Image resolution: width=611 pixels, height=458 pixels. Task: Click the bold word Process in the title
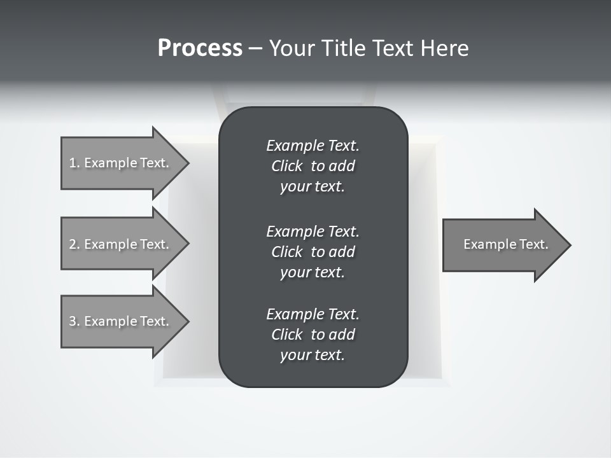pyautogui.click(x=200, y=48)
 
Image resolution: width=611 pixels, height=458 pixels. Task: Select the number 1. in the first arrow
pyautogui.click(x=74, y=163)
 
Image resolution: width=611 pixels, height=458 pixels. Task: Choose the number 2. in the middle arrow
pyautogui.click(x=74, y=244)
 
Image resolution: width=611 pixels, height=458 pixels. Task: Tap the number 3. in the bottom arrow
pyautogui.click(x=74, y=321)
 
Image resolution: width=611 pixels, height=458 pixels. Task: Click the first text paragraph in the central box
pyautogui.click(x=313, y=166)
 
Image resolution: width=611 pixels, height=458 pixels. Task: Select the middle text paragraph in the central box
pyautogui.click(x=313, y=251)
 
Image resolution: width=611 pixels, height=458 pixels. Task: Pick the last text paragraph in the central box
pyautogui.click(x=313, y=335)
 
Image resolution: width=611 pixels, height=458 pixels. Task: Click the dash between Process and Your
pyautogui.click(x=255, y=48)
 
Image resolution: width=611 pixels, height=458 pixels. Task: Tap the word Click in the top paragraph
pyautogui.click(x=286, y=166)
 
